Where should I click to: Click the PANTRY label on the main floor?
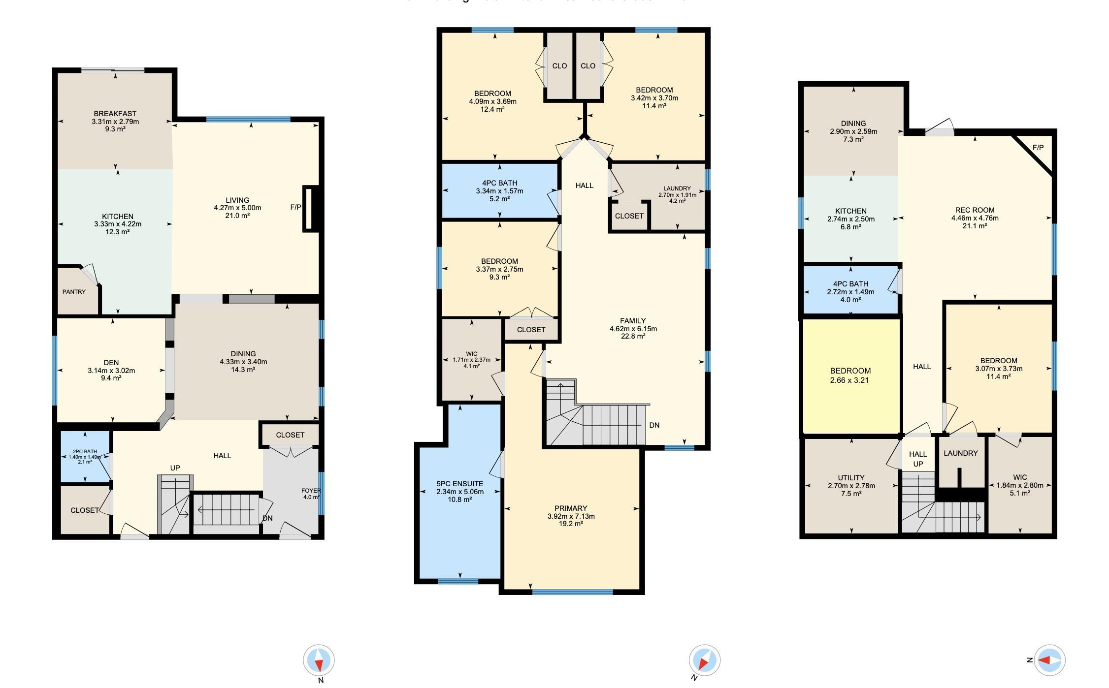tap(74, 292)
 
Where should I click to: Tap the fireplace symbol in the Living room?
tap(311, 208)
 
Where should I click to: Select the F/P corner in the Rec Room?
tap(1038, 148)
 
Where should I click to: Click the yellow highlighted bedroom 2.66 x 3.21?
tap(850, 375)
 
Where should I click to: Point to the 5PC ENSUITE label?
tap(459, 484)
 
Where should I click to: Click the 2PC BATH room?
tap(85, 457)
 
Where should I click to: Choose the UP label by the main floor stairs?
tap(175, 468)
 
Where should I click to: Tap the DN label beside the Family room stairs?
tap(654, 425)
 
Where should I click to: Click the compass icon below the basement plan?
tap(1049, 660)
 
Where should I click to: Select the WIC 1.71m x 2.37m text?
tap(471, 360)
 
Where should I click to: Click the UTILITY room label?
tap(851, 478)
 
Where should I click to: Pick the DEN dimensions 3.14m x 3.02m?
tap(111, 371)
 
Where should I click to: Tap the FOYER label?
tap(311, 491)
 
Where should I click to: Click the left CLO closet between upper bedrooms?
tap(559, 66)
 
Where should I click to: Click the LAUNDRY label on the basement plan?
tap(960, 453)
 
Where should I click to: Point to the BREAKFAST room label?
tap(115, 114)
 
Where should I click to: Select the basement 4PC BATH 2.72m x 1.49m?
tap(850, 292)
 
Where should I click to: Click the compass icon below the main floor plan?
tap(319, 660)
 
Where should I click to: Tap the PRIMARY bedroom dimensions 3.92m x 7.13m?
tap(571, 516)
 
